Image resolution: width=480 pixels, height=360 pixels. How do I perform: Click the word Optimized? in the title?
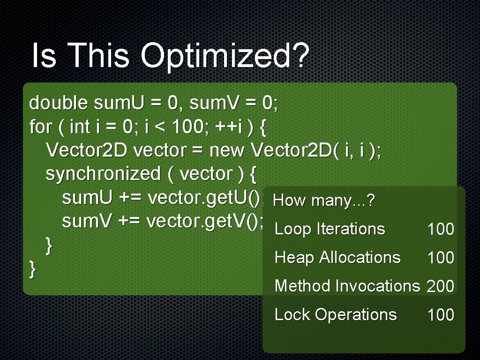224,56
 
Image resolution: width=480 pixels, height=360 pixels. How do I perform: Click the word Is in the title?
44,55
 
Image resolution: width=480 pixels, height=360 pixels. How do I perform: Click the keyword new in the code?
227,150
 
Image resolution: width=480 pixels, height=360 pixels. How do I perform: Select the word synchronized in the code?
103,174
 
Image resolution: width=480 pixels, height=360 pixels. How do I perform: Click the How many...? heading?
324,201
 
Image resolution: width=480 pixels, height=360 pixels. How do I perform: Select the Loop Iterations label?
330,229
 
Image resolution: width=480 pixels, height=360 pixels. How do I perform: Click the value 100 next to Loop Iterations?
441,229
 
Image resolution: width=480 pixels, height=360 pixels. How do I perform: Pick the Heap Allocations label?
337,257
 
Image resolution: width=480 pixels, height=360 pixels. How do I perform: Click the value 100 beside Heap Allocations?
441,258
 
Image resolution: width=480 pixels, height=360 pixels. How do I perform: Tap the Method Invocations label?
347,285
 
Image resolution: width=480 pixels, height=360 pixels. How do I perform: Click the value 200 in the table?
441,286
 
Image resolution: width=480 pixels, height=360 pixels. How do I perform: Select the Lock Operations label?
336,314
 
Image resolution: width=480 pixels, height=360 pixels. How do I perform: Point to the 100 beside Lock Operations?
441,315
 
